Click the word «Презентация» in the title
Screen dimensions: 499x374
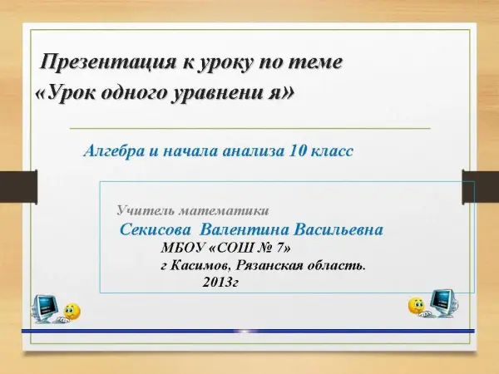107,62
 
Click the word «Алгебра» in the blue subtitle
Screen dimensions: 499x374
114,150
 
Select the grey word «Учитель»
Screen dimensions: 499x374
145,210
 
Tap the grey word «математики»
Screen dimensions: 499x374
224,211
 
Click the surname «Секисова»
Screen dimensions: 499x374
156,229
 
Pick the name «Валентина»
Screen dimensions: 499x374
245,229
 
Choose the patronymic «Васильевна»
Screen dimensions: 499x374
338,229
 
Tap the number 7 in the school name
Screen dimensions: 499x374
279,248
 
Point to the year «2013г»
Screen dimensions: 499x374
220,282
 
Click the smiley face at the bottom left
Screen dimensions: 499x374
72,312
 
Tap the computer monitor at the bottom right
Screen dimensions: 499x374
444,303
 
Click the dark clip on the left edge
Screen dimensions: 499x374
18,187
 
